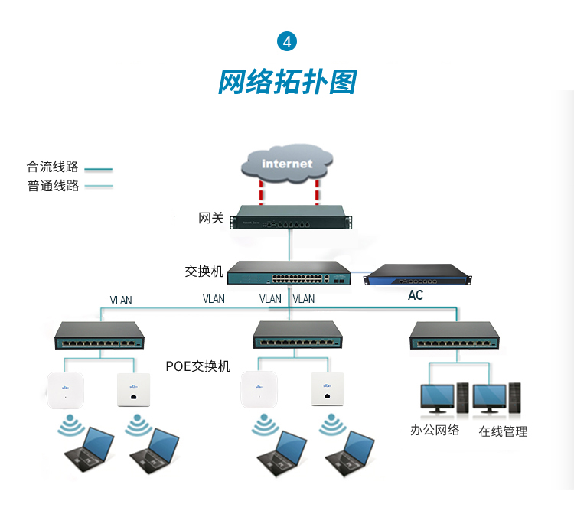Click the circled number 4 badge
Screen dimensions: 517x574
[287, 41]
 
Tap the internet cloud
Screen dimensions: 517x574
[287, 163]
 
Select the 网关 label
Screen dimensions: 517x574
[211, 219]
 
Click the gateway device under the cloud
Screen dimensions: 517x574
[290, 217]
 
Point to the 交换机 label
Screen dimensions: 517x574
[204, 272]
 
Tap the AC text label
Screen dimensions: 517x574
[416, 295]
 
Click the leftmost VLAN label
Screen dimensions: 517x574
[121, 300]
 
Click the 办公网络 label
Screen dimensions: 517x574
[435, 430]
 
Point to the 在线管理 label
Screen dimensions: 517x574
[503, 431]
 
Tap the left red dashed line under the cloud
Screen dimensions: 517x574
[262, 190]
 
